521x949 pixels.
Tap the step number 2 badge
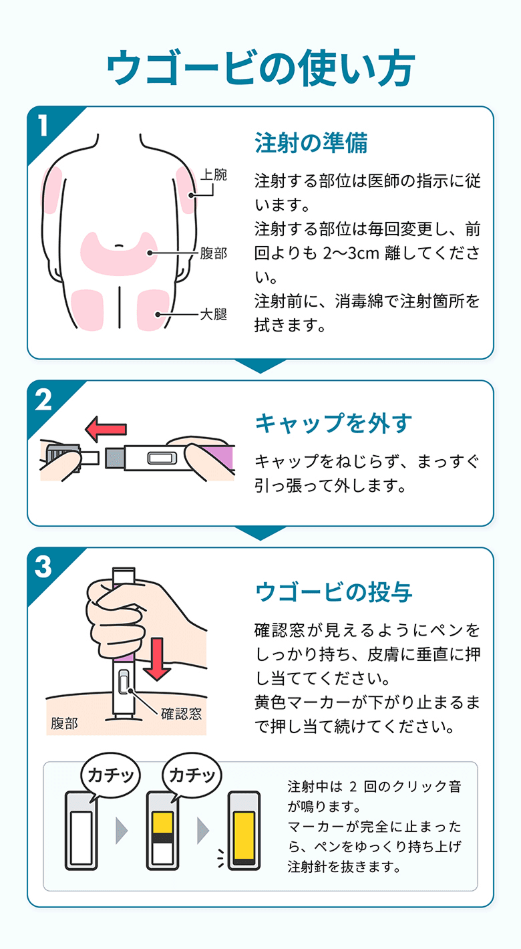click(43, 400)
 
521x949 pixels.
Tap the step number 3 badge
click(43, 567)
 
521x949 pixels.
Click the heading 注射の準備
click(311, 142)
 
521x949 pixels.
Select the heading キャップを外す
click(334, 423)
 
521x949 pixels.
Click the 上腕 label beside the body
click(214, 175)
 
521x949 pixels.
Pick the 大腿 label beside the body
click(214, 314)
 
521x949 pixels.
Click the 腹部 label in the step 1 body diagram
click(214, 254)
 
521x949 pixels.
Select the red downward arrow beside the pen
click(158, 658)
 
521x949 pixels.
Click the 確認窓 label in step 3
click(180, 714)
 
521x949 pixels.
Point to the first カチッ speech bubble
click(108, 776)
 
